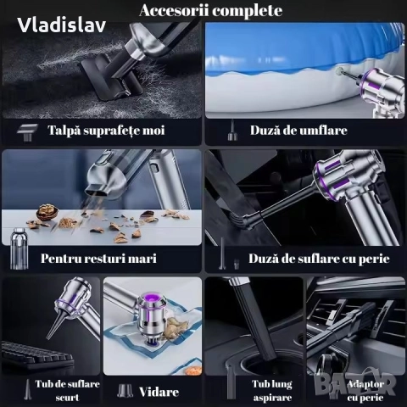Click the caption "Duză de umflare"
[298, 131]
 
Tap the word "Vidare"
[160, 391]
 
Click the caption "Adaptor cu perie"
[361, 389]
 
